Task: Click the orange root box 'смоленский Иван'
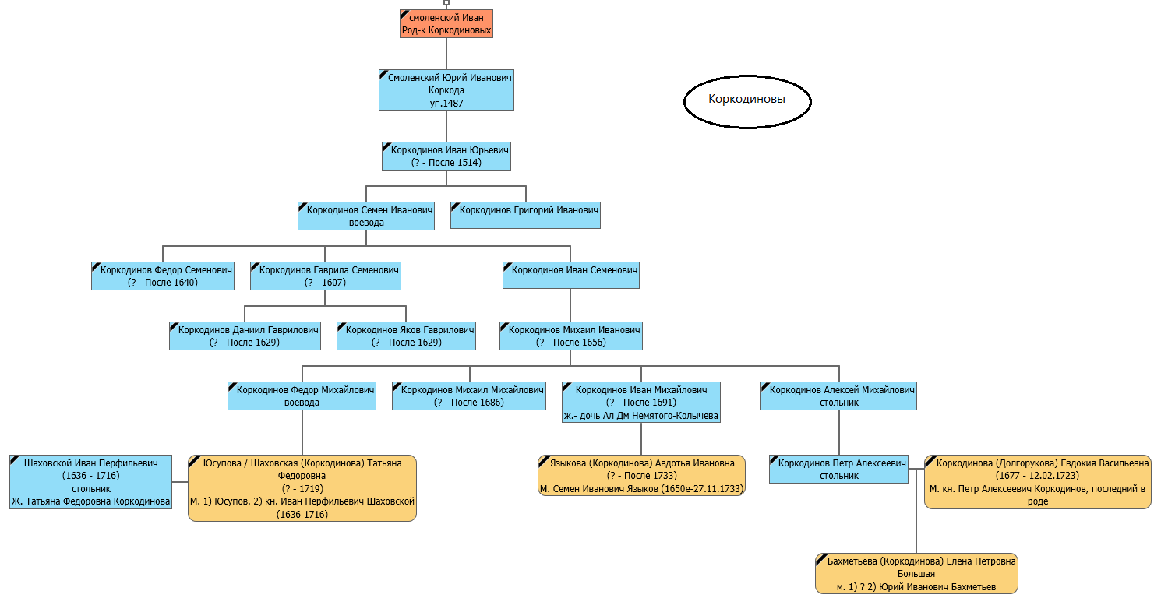click(x=446, y=24)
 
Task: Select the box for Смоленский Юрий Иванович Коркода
click(x=446, y=90)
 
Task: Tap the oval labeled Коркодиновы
click(x=747, y=101)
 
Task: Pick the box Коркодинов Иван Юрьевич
click(x=446, y=156)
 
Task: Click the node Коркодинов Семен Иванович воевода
click(x=366, y=216)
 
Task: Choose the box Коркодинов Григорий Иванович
click(x=525, y=216)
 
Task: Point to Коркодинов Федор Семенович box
click(x=163, y=276)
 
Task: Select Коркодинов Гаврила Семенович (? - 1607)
click(x=326, y=276)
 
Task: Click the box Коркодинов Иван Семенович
click(x=570, y=275)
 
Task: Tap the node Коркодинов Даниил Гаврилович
click(x=245, y=336)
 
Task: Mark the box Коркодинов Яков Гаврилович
click(x=407, y=336)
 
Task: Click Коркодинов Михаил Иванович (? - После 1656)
click(x=570, y=336)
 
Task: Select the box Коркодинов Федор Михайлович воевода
click(x=302, y=396)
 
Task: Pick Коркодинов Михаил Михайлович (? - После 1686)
click(x=469, y=396)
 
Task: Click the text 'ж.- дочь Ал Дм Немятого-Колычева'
click(x=641, y=416)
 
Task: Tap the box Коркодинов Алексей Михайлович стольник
click(x=838, y=396)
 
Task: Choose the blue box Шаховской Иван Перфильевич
click(x=90, y=482)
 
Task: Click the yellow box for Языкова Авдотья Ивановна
click(x=641, y=476)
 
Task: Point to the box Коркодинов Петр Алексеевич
click(x=838, y=470)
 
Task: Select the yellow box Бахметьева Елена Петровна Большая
click(x=916, y=573)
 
